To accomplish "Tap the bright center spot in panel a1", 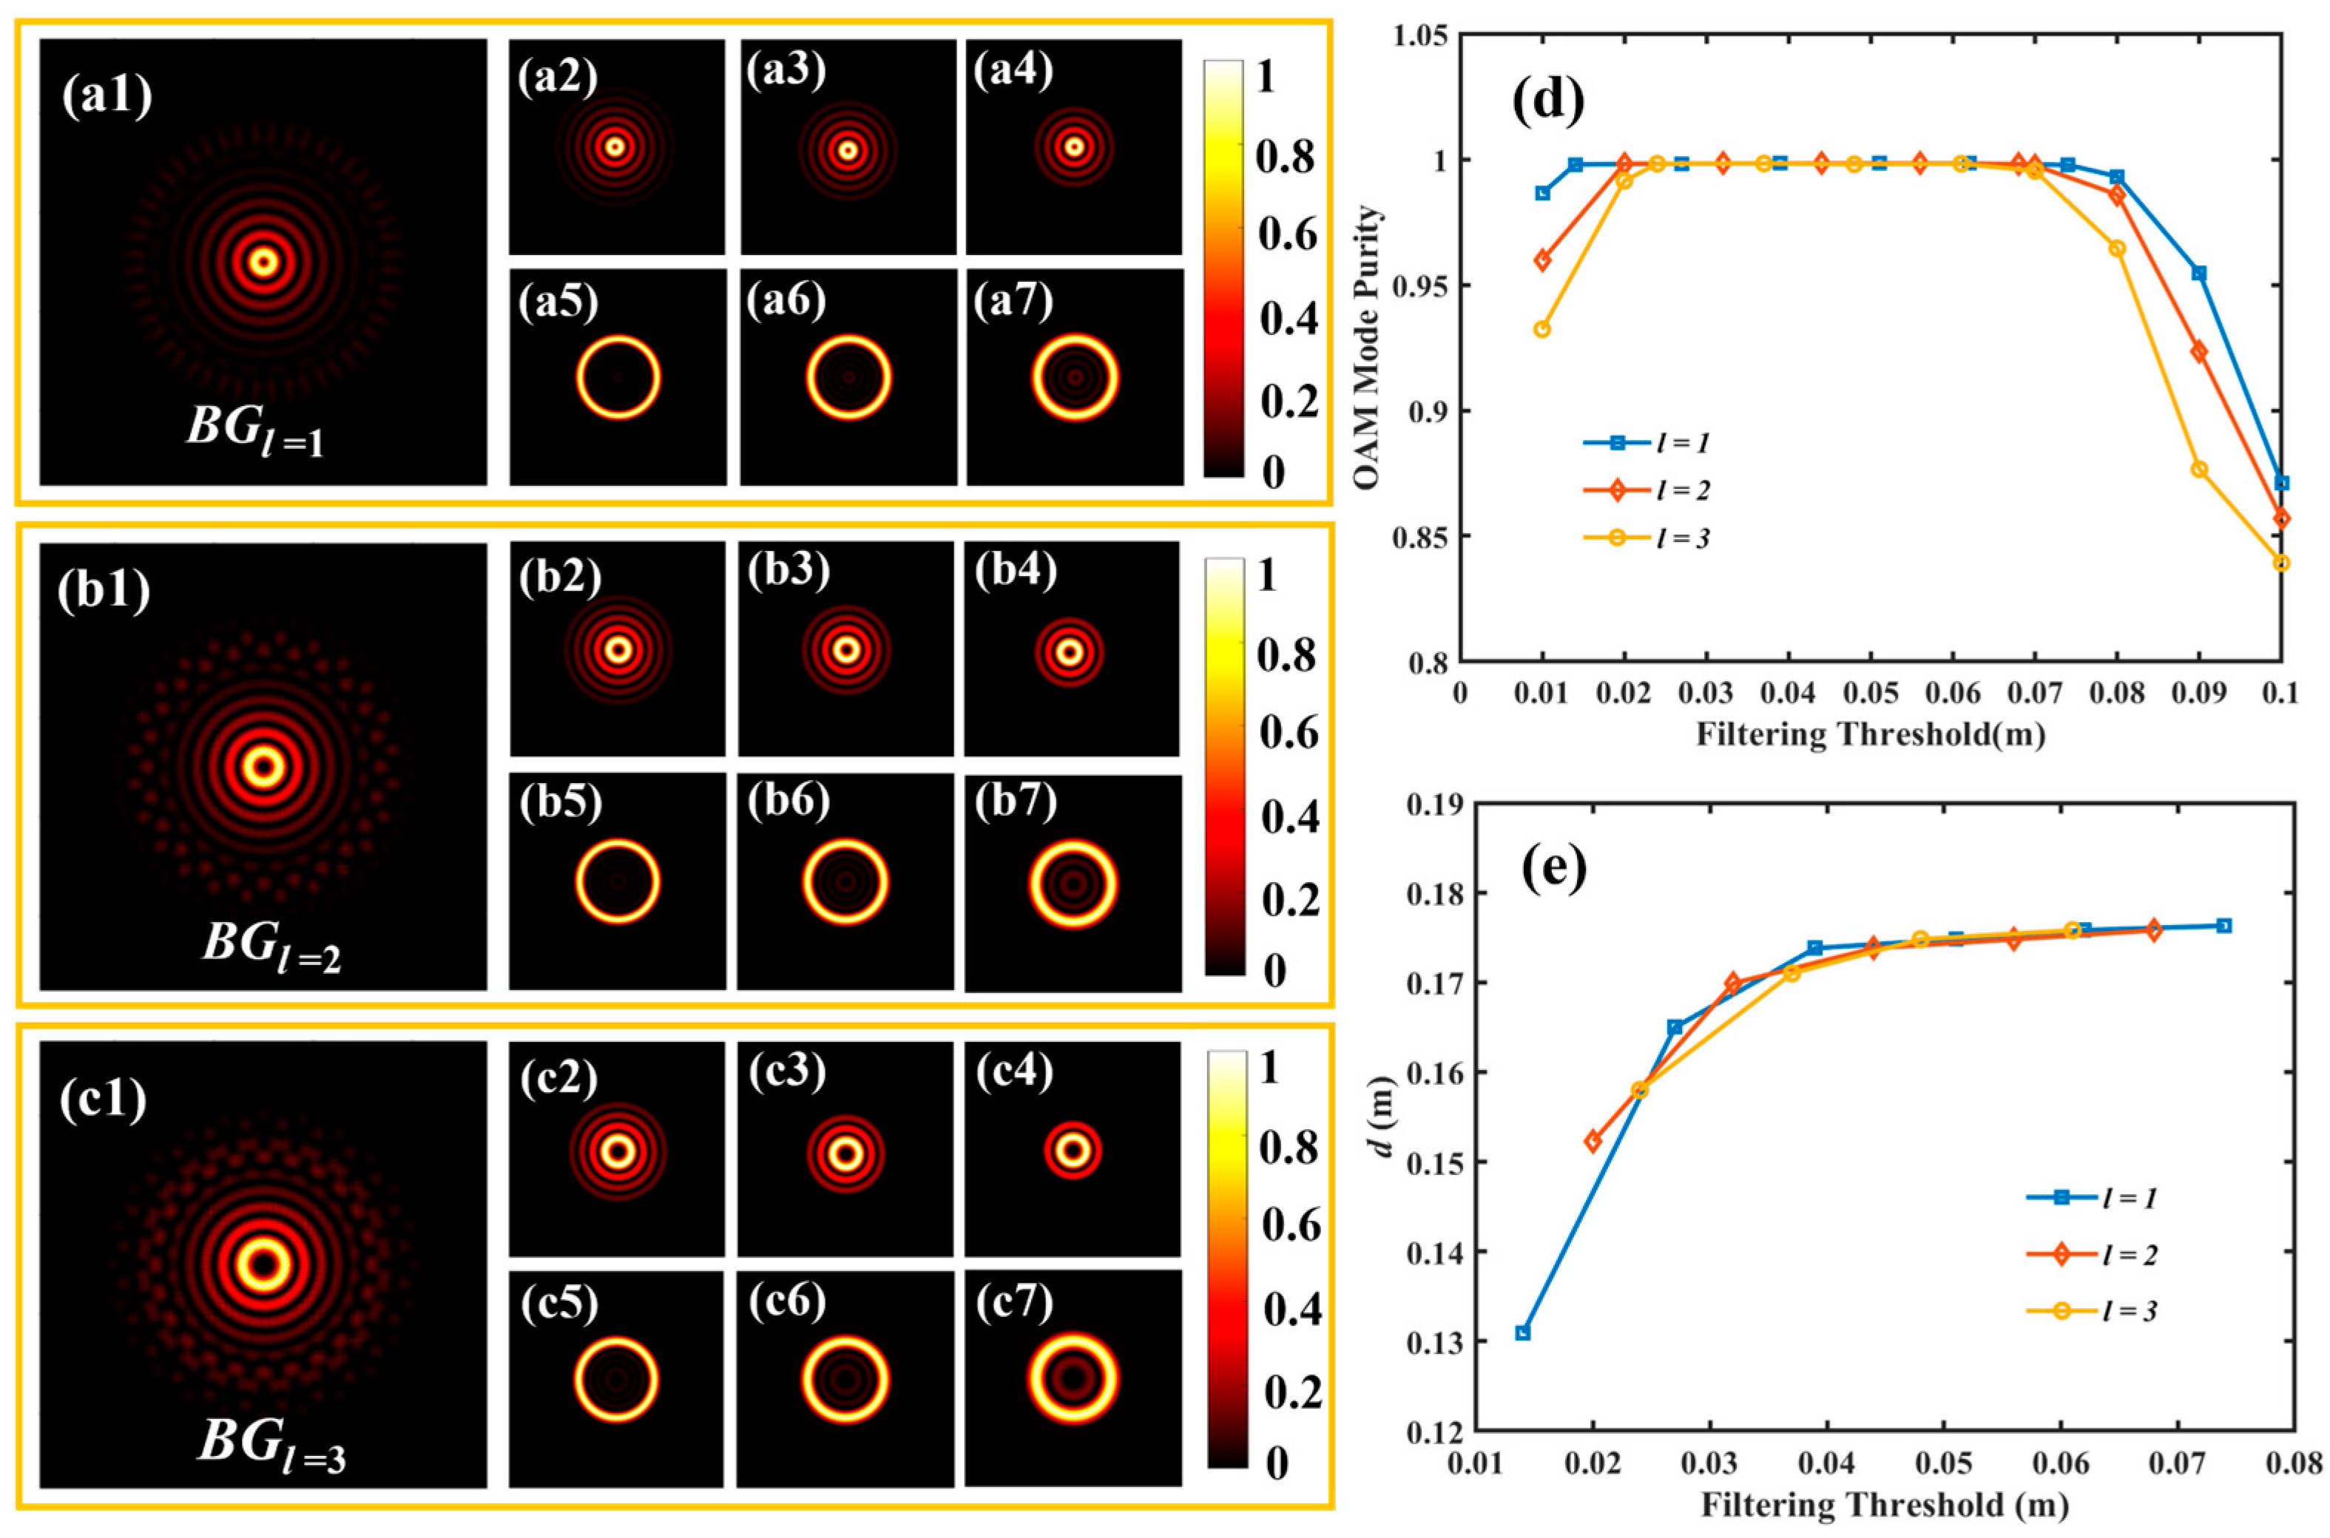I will pyautogui.click(x=263, y=262).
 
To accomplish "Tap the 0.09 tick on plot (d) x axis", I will pyautogui.click(x=2198, y=694).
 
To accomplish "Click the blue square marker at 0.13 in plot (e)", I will pyautogui.click(x=1522, y=1332).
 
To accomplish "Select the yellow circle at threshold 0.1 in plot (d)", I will pyautogui.click(x=2281, y=562).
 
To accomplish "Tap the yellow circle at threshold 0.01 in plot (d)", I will pyautogui.click(x=1542, y=328).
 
